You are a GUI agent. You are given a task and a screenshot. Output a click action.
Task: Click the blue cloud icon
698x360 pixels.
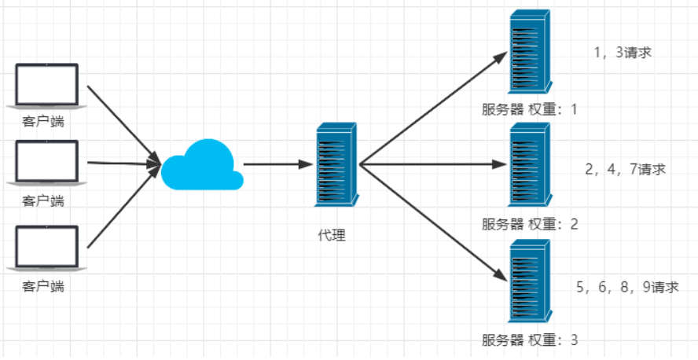pyautogui.click(x=202, y=164)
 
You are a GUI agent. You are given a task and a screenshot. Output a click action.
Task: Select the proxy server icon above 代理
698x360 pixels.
pyautogui.click(x=336, y=166)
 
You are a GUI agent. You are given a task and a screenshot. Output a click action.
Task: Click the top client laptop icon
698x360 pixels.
pyautogui.click(x=47, y=85)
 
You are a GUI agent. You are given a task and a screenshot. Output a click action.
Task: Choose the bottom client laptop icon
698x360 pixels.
pyautogui.click(x=47, y=248)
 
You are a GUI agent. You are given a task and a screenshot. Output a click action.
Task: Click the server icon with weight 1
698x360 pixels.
pyautogui.click(x=529, y=52)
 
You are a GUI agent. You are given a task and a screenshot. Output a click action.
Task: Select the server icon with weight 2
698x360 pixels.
pyautogui.click(x=529, y=166)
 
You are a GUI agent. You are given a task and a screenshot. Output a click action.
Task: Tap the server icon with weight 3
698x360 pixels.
pyautogui.click(x=529, y=281)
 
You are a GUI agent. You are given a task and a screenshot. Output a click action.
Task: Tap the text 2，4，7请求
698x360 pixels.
pyautogui.click(x=626, y=169)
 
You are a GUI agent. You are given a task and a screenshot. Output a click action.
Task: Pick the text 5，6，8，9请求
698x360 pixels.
pyautogui.click(x=626, y=287)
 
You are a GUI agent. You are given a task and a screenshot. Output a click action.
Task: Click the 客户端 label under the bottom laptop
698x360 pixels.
pyautogui.click(x=43, y=286)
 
